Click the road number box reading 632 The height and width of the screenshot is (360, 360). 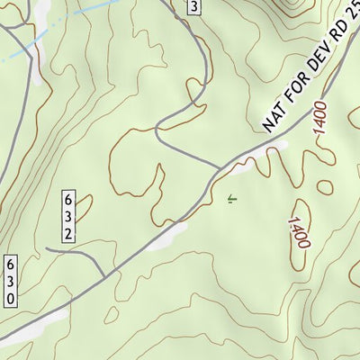tap(68, 216)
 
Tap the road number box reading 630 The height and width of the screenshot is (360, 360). tap(11, 280)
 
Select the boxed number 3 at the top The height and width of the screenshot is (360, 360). tap(193, 7)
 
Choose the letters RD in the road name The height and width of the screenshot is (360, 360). tap(332, 51)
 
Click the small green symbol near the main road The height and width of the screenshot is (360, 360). tap(231, 200)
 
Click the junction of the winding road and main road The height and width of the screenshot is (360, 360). tap(220, 167)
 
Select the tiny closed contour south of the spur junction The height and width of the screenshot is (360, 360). tap(110, 314)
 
